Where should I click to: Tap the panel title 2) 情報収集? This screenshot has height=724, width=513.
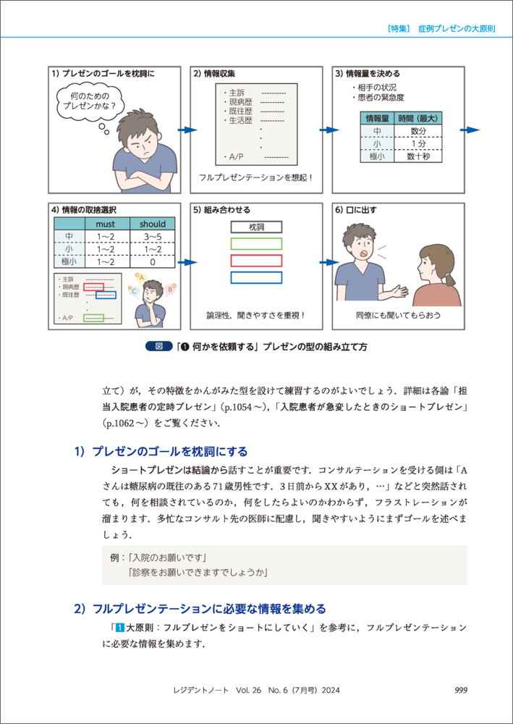tap(214, 74)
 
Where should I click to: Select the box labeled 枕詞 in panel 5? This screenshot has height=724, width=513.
tap(257, 227)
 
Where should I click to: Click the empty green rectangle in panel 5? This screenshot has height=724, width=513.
tap(257, 244)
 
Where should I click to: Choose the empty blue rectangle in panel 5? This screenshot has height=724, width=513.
tap(257, 277)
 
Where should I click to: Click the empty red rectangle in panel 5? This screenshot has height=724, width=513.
tap(257, 261)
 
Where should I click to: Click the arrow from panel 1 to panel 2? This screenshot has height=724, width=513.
tap(187, 130)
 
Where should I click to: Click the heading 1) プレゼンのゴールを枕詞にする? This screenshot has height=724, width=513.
tap(160, 452)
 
